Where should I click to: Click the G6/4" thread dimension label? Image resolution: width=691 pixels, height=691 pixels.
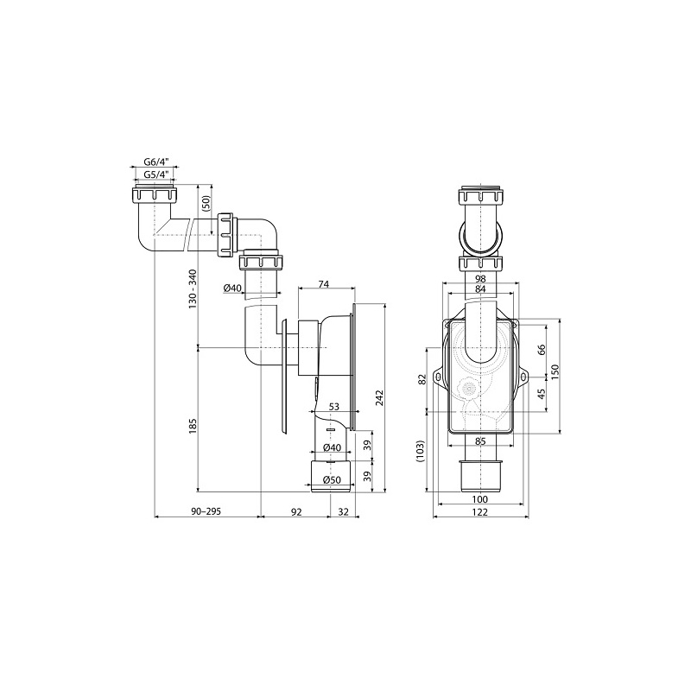pyautogui.click(x=156, y=162)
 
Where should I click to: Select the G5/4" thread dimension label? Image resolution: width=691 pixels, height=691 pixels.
pyautogui.click(x=156, y=175)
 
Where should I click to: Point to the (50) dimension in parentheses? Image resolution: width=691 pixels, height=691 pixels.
pyautogui.click(x=206, y=204)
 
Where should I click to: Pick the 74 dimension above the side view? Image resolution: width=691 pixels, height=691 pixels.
pyautogui.click(x=324, y=283)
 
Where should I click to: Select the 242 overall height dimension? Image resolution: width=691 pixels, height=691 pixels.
pyautogui.click(x=378, y=397)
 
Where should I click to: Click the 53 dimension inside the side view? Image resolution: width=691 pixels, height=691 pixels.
pyautogui.click(x=332, y=407)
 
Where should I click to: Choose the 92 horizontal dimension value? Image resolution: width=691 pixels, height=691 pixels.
pyautogui.click(x=295, y=512)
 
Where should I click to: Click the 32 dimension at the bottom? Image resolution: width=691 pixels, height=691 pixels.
pyautogui.click(x=344, y=512)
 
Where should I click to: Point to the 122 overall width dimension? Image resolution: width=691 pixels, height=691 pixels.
pyautogui.click(x=480, y=512)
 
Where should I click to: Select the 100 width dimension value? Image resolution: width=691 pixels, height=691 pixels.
pyautogui.click(x=480, y=498)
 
